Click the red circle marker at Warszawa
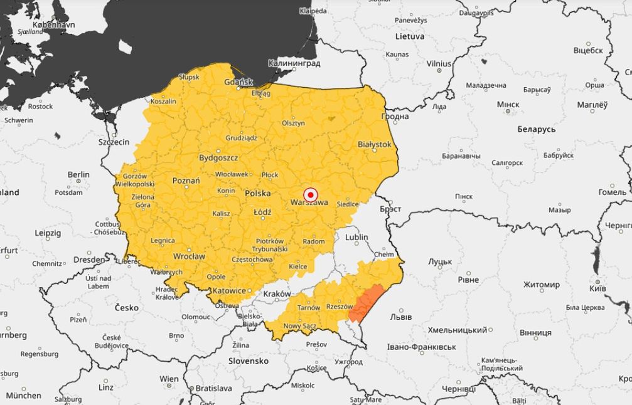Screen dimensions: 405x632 click(311, 194)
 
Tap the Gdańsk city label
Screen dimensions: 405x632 click(238, 82)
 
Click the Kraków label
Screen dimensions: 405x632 click(277, 293)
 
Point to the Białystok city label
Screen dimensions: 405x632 click(374, 144)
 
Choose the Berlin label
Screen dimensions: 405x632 click(78, 175)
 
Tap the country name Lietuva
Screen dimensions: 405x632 click(409, 36)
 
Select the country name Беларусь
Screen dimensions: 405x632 click(536, 129)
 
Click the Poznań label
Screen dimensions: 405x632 click(186, 181)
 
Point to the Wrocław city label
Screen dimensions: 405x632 click(189, 256)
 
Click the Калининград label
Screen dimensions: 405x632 click(294, 63)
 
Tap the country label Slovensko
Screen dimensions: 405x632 click(248, 361)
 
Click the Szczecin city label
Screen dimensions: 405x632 click(114, 142)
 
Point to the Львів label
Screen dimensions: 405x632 click(401, 317)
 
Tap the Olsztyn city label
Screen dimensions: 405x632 click(293, 123)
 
